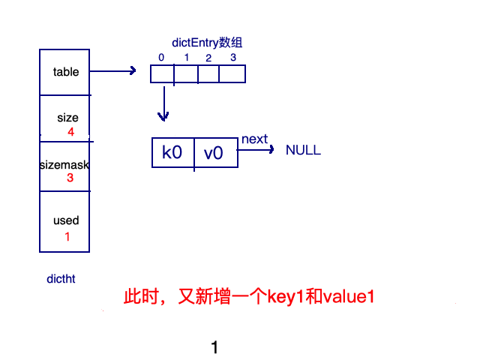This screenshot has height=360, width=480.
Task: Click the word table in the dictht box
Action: (x=66, y=72)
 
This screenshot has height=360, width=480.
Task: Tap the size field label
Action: (x=67, y=118)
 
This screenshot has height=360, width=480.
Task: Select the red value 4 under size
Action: (x=70, y=132)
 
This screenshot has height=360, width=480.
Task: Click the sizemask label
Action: (x=64, y=163)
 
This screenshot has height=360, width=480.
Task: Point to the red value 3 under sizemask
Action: (x=70, y=178)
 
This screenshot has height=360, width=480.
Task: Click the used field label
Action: (x=66, y=220)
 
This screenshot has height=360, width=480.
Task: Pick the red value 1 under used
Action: (x=67, y=236)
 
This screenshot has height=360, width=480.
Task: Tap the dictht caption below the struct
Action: (x=61, y=279)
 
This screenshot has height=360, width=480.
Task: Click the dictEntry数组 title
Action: (x=207, y=43)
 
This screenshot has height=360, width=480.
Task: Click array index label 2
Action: (x=208, y=58)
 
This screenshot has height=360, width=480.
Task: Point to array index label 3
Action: (x=232, y=58)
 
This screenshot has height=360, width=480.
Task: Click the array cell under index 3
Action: (x=232, y=74)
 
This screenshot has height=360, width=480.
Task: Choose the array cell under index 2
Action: (x=208, y=74)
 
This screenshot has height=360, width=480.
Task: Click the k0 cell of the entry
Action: (x=172, y=153)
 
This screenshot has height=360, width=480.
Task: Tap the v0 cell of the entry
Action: (x=214, y=153)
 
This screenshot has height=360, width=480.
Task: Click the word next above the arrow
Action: (x=254, y=139)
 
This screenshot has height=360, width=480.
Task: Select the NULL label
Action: (x=303, y=150)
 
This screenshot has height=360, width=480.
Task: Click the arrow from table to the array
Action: (x=112, y=71)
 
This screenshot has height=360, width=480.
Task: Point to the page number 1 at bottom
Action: (x=214, y=347)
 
